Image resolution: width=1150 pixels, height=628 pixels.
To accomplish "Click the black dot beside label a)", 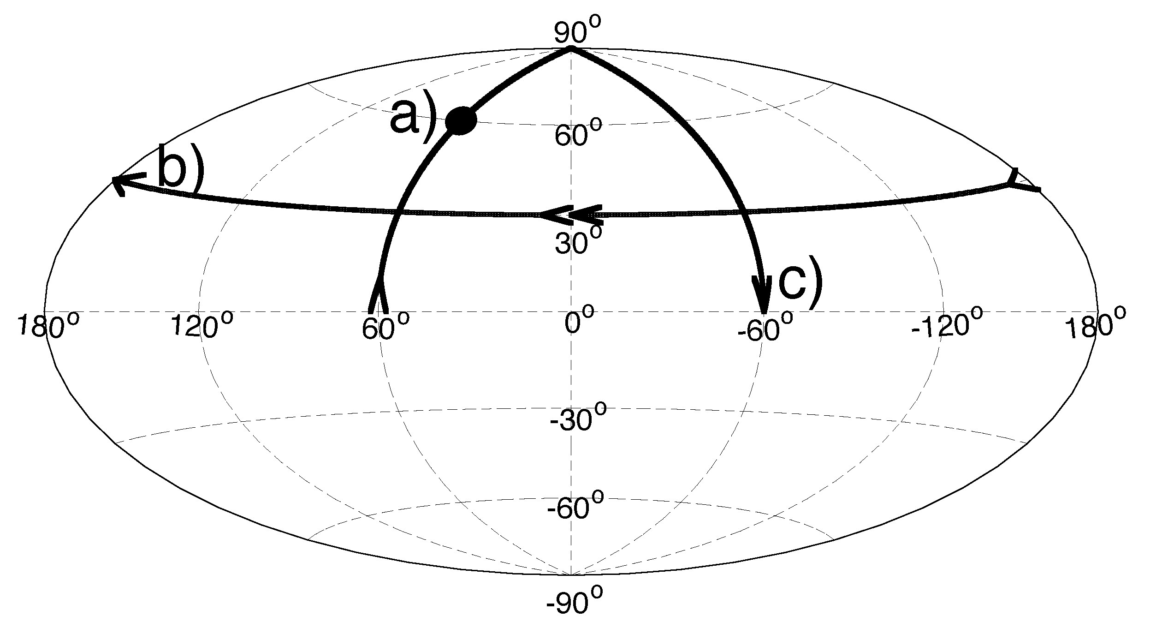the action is coord(461,121).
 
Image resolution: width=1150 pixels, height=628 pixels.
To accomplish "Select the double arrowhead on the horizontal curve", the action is coord(571,215).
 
